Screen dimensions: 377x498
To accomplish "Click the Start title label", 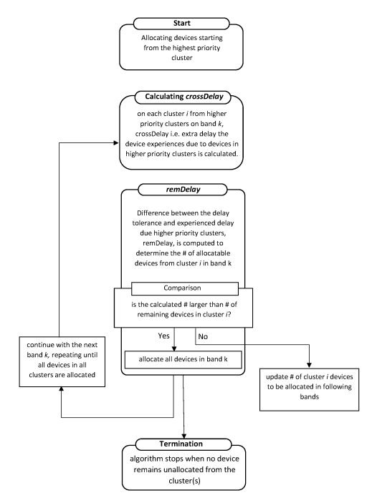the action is pos(181,23).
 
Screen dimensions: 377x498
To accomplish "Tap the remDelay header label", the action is pos(183,190).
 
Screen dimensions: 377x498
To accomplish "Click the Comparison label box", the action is pos(184,288).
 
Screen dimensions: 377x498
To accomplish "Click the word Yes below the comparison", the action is pos(164,336).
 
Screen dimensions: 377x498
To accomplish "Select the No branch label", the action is pos(203,336).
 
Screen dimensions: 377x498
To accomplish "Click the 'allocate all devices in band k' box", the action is pos(183,359).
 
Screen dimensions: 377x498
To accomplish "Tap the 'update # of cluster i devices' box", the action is pos(309,390).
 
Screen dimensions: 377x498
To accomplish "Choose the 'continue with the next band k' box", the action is pos(62,361).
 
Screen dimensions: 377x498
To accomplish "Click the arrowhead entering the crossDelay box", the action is pos(116,143).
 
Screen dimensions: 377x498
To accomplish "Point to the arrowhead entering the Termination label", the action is pos(184,436).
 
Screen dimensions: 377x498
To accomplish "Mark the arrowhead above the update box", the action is pos(309,366).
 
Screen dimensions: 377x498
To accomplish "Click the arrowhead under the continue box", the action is pos(62,389).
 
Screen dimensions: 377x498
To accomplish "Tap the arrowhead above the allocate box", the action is pos(174,348).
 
